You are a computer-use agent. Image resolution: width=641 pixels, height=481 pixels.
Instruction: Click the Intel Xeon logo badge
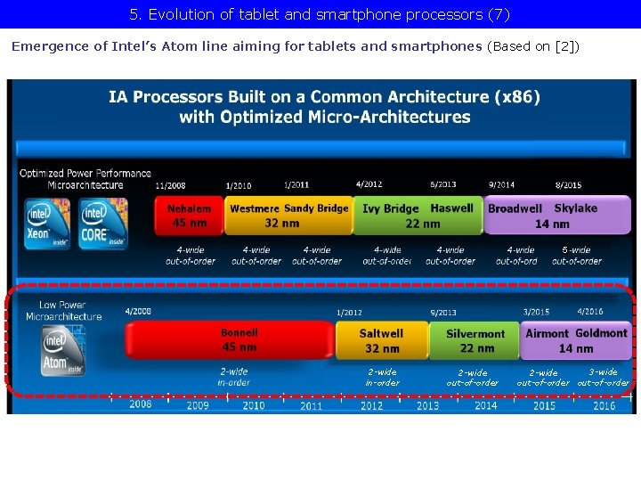(46, 223)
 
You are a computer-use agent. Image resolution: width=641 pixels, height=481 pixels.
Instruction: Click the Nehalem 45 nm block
(190, 216)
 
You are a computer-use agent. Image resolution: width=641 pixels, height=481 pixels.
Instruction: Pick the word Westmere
(255, 208)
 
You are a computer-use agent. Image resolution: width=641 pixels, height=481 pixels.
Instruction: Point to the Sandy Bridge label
(316, 208)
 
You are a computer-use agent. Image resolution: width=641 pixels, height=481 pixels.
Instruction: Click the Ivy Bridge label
(390, 208)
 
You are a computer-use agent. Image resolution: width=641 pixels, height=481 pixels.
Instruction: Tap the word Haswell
(451, 208)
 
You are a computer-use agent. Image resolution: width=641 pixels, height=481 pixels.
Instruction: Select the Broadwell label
(515, 208)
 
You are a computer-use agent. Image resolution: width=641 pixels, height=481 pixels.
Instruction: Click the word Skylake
(575, 208)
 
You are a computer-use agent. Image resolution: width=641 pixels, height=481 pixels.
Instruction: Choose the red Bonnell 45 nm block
(239, 339)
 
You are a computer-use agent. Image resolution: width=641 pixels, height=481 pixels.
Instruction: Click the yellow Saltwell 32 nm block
(381, 340)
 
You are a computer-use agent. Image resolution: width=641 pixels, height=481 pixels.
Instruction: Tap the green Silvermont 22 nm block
(475, 340)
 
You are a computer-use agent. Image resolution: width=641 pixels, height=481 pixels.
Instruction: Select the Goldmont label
(602, 333)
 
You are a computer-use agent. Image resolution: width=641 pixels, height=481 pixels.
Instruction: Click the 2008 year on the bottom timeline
(141, 404)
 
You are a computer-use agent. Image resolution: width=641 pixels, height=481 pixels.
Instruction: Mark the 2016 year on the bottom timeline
(604, 405)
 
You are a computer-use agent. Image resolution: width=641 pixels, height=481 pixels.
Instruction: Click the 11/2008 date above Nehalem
(170, 186)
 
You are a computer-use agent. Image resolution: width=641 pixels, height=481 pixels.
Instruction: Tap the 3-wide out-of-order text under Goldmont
(603, 378)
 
